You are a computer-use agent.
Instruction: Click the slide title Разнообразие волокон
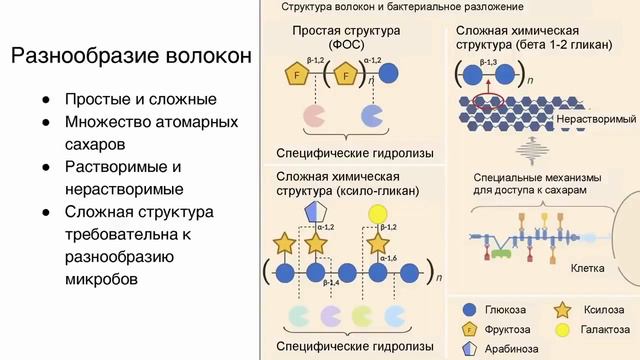(x=131, y=56)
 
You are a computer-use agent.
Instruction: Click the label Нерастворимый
(x=594, y=120)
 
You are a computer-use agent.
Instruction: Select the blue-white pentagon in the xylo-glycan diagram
(x=316, y=212)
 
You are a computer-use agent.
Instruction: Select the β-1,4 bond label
(x=302, y=285)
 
